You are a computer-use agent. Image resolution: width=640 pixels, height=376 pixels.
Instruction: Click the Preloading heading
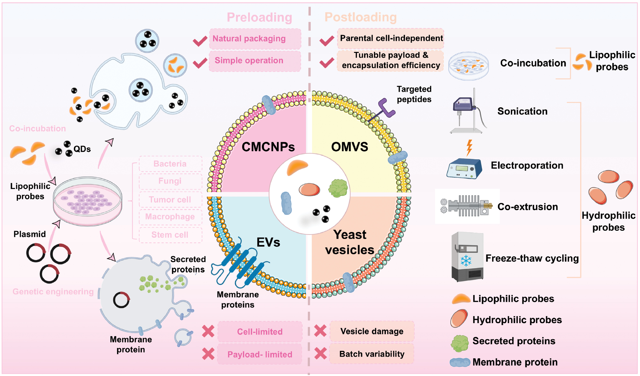click(259, 17)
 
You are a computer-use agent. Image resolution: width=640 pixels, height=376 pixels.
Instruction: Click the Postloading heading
click(360, 17)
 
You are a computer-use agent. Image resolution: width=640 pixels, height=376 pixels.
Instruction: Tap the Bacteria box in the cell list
click(170, 164)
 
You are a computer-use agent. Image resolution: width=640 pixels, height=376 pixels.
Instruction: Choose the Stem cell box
click(170, 235)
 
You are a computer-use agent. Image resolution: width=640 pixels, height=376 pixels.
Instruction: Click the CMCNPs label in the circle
click(268, 147)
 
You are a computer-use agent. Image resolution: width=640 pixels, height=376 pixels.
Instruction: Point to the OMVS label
click(350, 147)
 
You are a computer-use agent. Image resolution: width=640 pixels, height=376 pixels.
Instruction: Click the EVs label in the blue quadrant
click(268, 242)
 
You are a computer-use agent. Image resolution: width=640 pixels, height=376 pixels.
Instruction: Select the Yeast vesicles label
click(350, 242)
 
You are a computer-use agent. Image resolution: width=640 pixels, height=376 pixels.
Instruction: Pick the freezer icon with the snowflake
click(467, 257)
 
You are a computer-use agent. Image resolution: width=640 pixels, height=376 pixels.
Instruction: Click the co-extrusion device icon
click(467, 206)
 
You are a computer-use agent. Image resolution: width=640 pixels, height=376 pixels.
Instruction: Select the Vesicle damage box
click(372, 331)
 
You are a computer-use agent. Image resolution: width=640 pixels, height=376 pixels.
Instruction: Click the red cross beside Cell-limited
click(208, 331)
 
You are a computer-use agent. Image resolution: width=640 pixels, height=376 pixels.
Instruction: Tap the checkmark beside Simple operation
click(200, 63)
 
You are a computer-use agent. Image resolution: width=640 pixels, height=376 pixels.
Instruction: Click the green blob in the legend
click(459, 343)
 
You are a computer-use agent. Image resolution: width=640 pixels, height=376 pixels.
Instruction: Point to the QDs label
click(82, 149)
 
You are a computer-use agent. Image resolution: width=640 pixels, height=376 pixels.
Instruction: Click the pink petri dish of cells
click(87, 201)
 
